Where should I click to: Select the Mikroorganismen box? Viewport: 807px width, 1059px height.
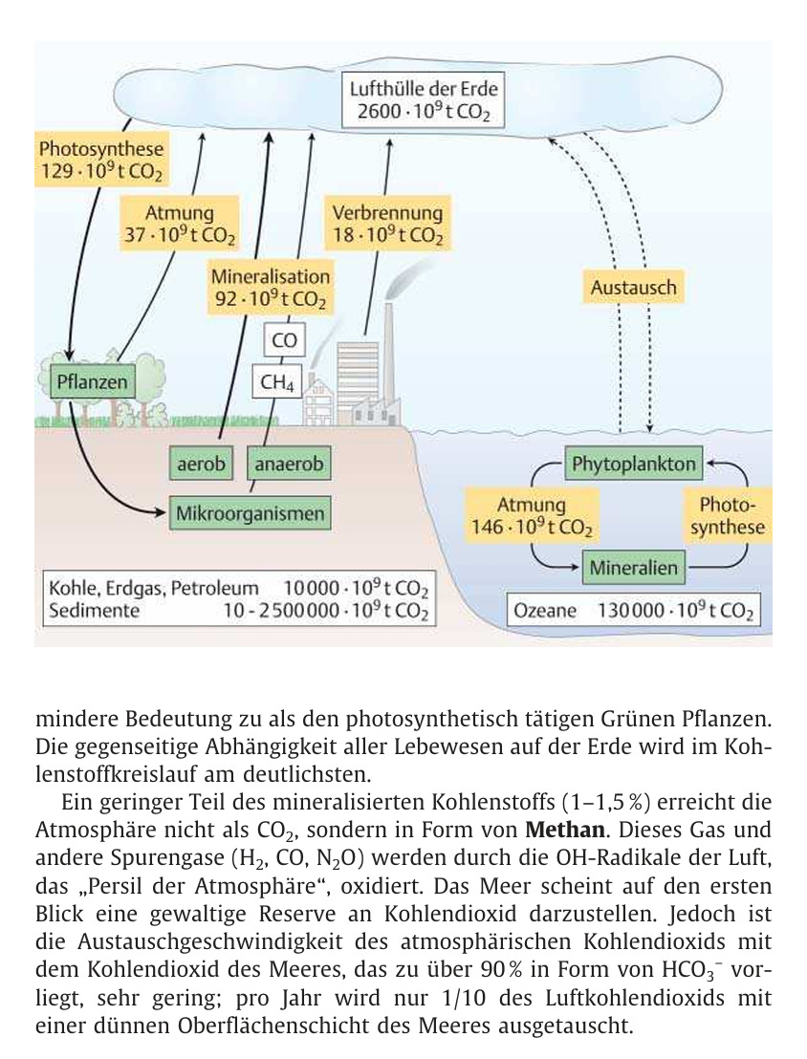(x=251, y=513)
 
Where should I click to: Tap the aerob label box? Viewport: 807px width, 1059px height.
(x=201, y=465)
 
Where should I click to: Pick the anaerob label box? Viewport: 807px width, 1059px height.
(x=289, y=465)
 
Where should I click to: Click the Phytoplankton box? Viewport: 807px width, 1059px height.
(x=633, y=465)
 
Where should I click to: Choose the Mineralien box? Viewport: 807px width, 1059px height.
(x=633, y=568)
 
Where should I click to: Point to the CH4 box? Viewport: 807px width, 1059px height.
(x=277, y=383)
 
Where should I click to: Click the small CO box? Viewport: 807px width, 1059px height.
(x=285, y=340)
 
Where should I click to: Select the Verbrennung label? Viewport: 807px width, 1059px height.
(x=387, y=213)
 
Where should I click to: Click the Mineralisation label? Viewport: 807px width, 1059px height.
(x=271, y=277)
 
